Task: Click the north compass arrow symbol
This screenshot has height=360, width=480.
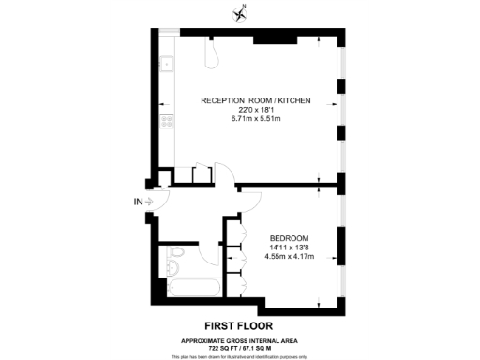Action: click(240, 13)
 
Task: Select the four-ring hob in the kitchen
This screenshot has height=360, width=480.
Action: click(166, 121)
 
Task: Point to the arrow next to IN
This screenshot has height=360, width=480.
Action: click(150, 199)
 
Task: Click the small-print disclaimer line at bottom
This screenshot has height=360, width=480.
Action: click(241, 354)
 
